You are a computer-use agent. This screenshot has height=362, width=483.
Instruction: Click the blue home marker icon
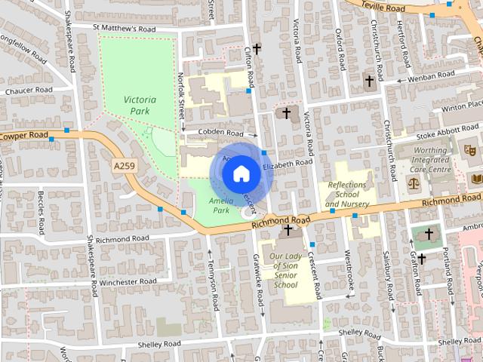[241, 174]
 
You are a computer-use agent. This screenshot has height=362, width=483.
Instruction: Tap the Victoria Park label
[140, 105]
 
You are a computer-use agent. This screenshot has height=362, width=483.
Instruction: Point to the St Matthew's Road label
[125, 29]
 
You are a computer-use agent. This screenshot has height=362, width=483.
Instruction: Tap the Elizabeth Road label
[288, 163]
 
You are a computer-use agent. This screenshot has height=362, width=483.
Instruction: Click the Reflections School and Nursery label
[347, 195]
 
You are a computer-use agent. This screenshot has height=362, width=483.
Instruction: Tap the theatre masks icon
[469, 150]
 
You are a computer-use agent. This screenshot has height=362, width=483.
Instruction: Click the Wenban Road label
[430, 76]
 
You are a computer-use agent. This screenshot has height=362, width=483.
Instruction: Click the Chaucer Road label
[26, 90]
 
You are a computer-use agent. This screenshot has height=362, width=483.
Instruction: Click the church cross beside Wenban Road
[370, 81]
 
